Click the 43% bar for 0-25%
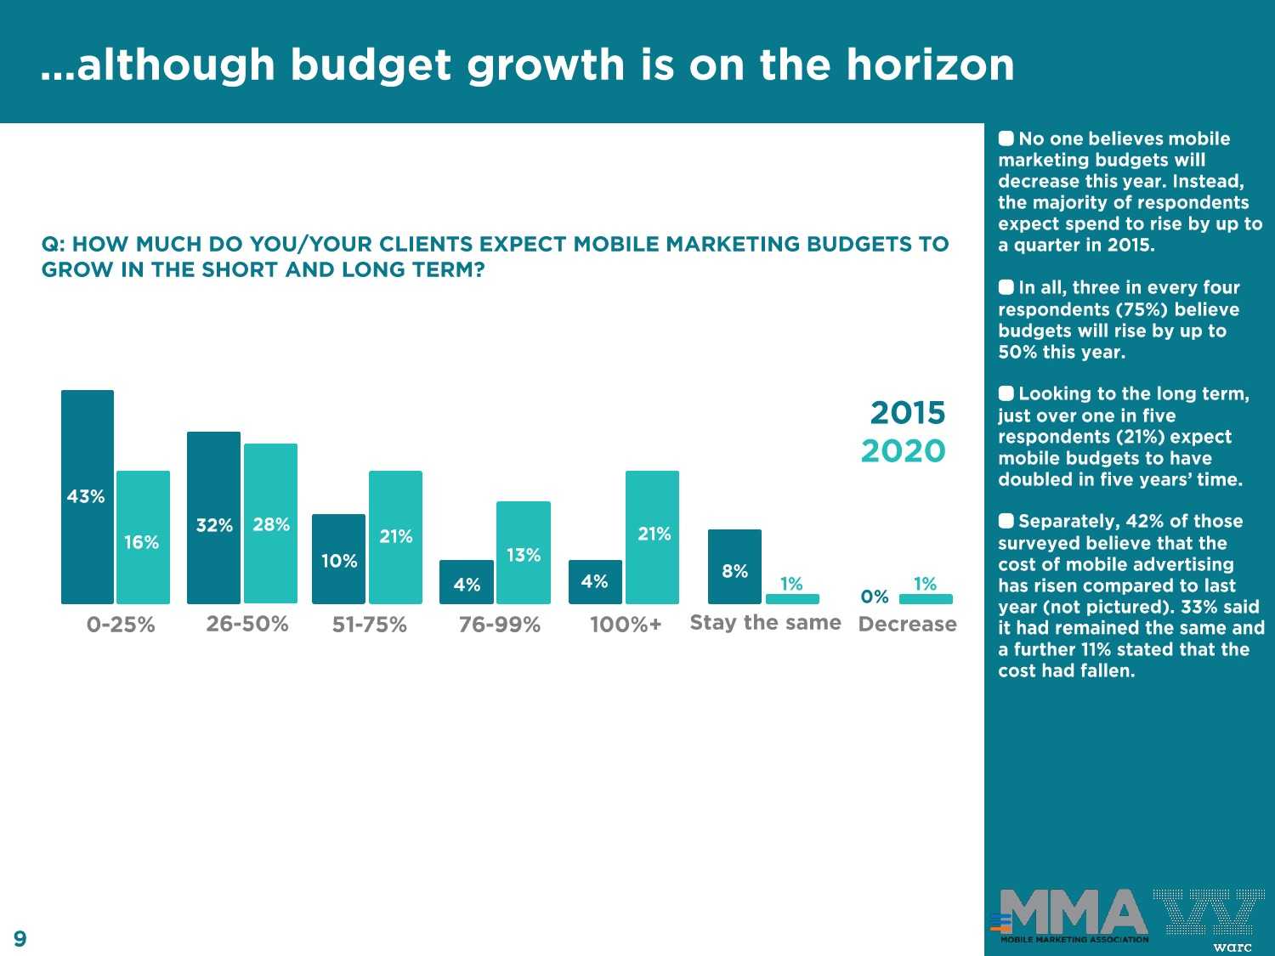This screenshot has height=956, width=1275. (88, 497)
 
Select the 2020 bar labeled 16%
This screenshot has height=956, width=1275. (143, 537)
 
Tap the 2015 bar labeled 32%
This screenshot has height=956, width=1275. (213, 518)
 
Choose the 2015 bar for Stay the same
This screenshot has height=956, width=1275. (734, 566)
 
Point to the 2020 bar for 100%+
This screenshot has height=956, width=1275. (652, 537)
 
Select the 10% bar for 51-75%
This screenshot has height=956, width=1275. (338, 558)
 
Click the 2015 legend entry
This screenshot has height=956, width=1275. (907, 413)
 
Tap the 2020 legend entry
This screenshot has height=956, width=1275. (903, 451)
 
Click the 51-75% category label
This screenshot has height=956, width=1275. (369, 625)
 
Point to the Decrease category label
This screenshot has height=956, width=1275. (907, 625)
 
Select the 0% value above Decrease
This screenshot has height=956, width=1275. (875, 597)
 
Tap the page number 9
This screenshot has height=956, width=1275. (20, 938)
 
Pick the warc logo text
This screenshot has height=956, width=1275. (1232, 947)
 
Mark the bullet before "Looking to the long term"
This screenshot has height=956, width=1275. (1006, 393)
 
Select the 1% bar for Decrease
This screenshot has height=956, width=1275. (926, 599)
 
